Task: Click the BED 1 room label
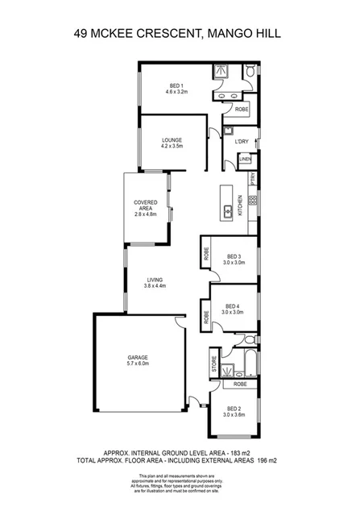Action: pyautogui.click(x=176, y=85)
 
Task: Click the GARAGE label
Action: pyautogui.click(x=138, y=356)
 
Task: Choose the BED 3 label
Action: pyautogui.click(x=234, y=256)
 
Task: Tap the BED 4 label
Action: pyautogui.click(x=233, y=305)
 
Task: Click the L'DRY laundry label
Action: pyautogui.click(x=242, y=142)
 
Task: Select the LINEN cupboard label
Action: pyautogui.click(x=245, y=160)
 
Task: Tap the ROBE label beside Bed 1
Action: pyautogui.click(x=242, y=108)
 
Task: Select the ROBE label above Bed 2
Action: pyautogui.click(x=240, y=384)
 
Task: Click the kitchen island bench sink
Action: pyautogui.click(x=228, y=211)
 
